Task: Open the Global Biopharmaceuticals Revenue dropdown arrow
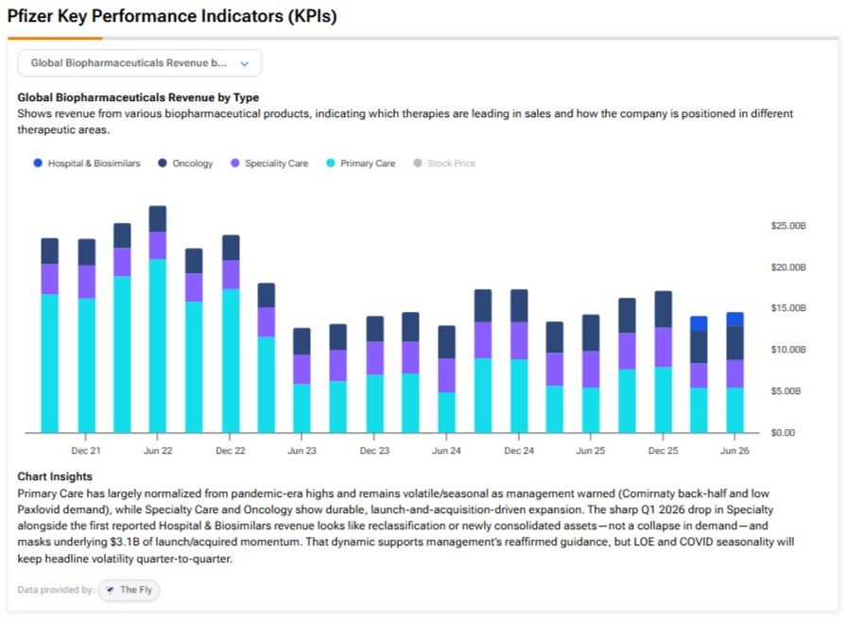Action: coord(245,63)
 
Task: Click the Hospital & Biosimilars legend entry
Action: coord(87,163)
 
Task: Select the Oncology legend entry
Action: coord(185,163)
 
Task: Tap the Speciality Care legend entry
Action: coord(269,163)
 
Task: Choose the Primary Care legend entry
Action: coord(361,163)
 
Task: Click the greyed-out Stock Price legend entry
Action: coord(444,163)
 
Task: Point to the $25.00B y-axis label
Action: coord(788,226)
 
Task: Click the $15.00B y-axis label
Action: coord(788,308)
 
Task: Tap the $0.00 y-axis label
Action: coord(783,433)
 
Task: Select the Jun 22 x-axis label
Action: coord(158,451)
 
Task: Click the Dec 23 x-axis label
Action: coord(374,451)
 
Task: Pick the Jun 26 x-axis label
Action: coord(734,451)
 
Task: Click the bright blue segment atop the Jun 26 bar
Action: coord(734,319)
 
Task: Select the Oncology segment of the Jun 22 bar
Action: coord(158,219)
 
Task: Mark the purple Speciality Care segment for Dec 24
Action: coord(519,340)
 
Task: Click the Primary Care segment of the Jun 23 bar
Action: coord(302,408)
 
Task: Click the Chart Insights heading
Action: coord(55,476)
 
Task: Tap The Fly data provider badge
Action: coord(129,590)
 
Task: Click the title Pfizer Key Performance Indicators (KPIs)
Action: coord(172,16)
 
